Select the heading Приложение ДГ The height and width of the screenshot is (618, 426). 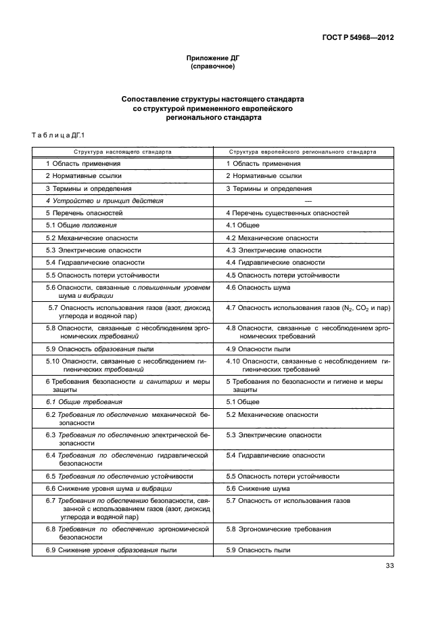point(213,59)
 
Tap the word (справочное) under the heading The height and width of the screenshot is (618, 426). point(213,68)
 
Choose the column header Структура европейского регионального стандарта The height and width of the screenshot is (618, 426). point(302,152)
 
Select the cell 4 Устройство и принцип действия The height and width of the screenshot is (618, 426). point(104,201)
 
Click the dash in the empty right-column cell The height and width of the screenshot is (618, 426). point(308,201)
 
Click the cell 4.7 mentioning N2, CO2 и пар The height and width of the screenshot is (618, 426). point(308,308)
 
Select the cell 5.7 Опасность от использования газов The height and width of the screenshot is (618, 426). point(288,500)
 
